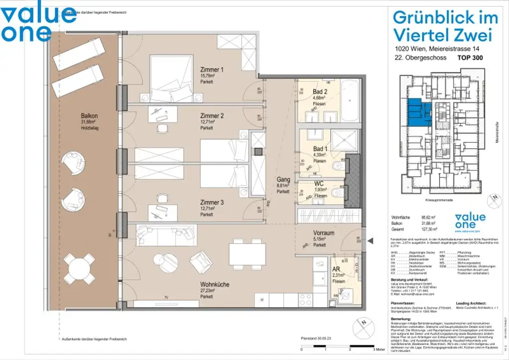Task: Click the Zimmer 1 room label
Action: (x=212, y=70)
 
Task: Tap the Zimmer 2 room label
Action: (x=212, y=116)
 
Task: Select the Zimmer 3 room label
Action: (x=212, y=202)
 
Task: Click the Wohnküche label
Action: (x=215, y=284)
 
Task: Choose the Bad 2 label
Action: (x=320, y=92)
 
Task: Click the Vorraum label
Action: (x=323, y=233)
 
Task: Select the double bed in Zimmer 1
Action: (x=171, y=79)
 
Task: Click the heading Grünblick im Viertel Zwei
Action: (x=445, y=26)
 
